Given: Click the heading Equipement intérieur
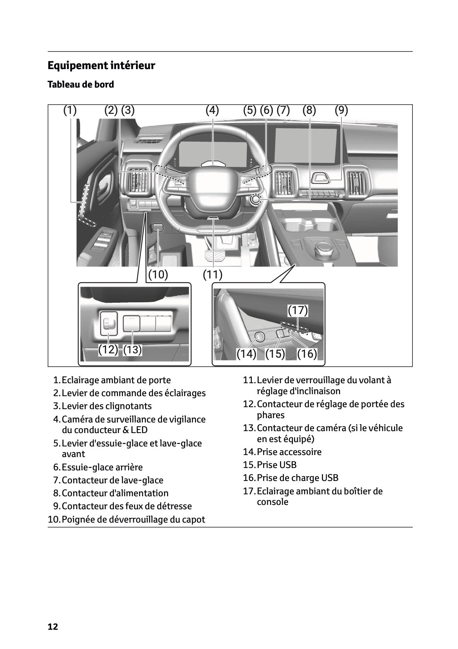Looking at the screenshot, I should click(101, 66).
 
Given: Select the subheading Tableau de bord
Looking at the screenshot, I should click(81, 84).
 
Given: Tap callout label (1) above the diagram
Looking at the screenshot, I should click(70, 110).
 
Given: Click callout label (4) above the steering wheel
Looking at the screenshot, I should click(212, 110).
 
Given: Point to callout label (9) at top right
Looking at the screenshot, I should click(341, 110).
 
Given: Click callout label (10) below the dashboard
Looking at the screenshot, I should click(158, 274).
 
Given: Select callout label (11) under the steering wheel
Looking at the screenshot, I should click(213, 274).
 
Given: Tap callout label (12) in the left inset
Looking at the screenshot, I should click(108, 349).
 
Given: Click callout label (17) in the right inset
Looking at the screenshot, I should click(298, 311).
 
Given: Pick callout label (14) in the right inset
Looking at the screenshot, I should click(246, 354).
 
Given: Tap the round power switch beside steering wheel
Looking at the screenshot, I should click(255, 199).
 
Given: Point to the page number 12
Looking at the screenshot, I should click(53, 627).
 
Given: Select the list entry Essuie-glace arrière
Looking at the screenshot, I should click(102, 467).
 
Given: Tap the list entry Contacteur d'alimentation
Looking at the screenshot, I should click(115, 493).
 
